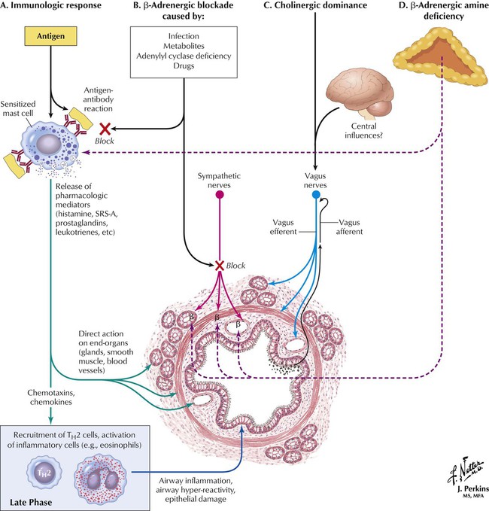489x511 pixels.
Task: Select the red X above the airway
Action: click(x=220, y=265)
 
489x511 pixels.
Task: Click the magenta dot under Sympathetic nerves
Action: click(x=220, y=195)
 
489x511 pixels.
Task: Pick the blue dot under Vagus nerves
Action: click(x=316, y=195)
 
